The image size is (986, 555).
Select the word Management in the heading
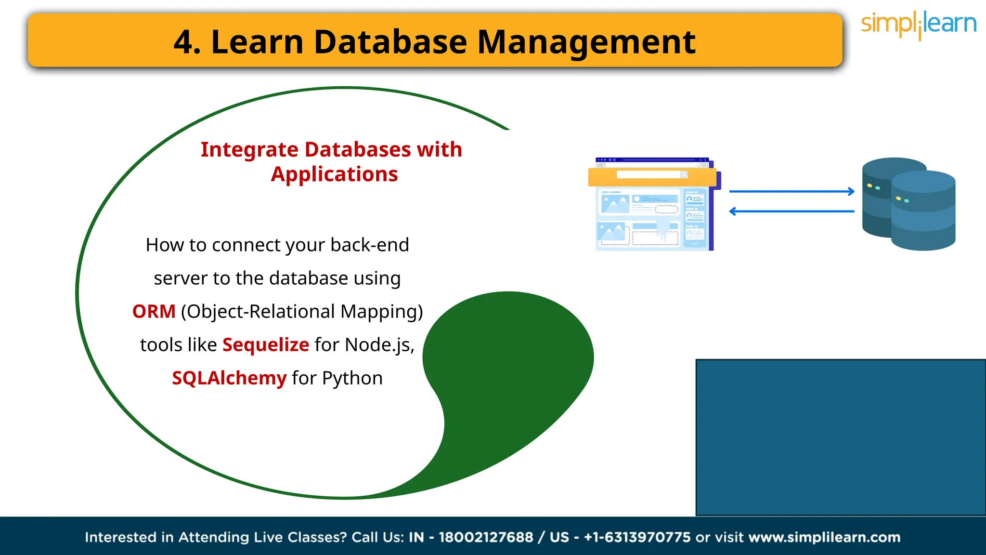point(586,42)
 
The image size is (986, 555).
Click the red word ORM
point(154,312)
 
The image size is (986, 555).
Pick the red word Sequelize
point(266,345)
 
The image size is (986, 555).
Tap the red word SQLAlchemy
point(229,378)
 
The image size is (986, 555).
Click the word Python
point(352,378)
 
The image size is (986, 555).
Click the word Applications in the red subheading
point(334,174)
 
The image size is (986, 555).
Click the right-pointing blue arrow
point(791,192)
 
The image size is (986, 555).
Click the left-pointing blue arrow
point(791,211)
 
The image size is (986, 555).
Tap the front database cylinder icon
point(923,212)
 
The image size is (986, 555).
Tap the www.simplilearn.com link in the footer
point(824,537)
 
